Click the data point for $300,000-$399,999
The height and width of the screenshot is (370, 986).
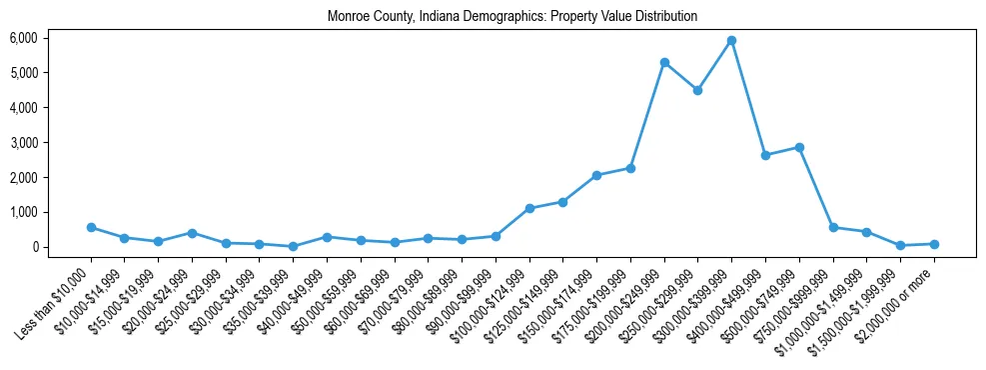point(731,40)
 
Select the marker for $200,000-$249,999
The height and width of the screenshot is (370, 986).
point(664,62)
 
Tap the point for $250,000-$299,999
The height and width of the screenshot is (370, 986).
point(697,90)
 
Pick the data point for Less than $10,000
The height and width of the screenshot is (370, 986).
point(91,227)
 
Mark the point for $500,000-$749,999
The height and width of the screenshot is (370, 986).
point(799,147)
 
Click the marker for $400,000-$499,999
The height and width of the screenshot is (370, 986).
point(765,155)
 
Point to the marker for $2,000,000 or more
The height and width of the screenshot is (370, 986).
point(934,244)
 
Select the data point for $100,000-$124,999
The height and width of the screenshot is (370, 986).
point(529,208)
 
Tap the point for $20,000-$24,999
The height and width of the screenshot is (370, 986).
point(192,233)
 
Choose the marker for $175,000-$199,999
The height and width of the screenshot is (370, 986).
point(630,168)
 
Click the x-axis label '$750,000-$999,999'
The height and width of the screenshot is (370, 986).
point(795,300)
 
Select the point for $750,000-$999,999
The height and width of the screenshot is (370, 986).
point(833,227)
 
